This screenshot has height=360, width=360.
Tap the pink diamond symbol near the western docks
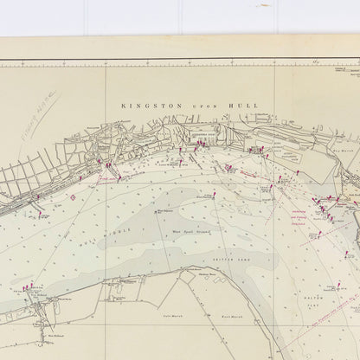point(74,196)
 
